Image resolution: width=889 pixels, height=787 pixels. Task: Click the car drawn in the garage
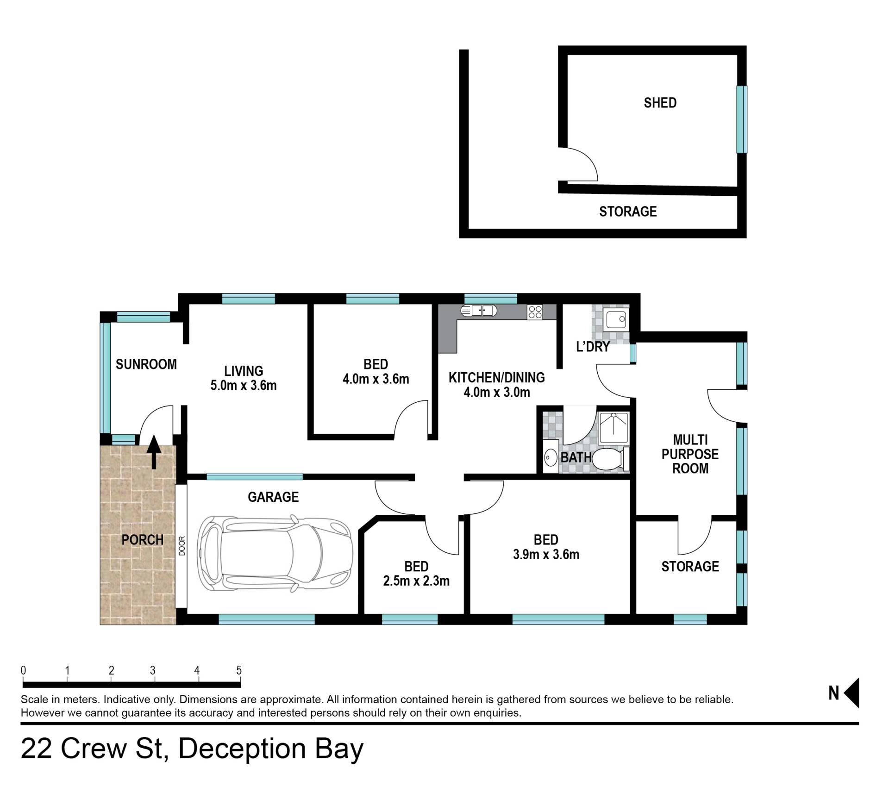pos(275,554)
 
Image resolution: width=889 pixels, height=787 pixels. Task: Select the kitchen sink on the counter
pos(478,311)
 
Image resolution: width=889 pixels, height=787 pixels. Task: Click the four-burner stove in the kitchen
pos(535,312)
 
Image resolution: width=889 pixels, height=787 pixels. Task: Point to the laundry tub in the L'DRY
pos(615,319)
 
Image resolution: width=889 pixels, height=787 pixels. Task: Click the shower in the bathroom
pos(614,426)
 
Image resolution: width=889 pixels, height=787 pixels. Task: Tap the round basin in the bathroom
pos(551,458)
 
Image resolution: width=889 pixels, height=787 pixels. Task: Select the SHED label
pos(660,103)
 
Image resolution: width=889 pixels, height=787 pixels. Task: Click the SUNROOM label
pos(146,364)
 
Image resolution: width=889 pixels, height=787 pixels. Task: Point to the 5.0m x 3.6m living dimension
pos(244,385)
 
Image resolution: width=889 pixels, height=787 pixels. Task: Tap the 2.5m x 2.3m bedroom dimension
pos(416,581)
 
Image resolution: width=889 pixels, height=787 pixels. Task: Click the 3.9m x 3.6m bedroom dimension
pos(546,554)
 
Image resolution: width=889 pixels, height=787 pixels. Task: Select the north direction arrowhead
pos(851,693)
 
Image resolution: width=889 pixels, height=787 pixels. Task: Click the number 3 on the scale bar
pos(153,670)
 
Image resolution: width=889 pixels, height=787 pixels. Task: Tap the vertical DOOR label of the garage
pos(182,546)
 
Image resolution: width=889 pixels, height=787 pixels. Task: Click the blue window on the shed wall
pos(742,119)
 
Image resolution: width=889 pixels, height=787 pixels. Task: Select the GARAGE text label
pos(273,497)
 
